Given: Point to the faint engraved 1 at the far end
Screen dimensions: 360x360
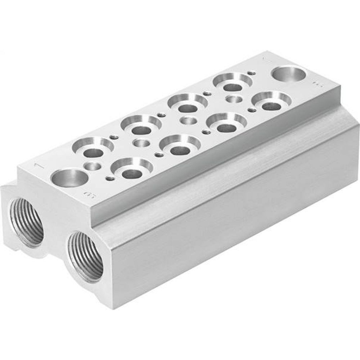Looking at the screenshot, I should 266,58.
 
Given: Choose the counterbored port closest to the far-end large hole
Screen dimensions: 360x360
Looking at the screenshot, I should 271,101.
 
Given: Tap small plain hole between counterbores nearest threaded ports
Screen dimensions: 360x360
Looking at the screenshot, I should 93,166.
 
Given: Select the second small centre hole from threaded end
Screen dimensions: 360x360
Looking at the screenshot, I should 141,143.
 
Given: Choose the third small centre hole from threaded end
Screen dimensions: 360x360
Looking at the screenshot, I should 188,121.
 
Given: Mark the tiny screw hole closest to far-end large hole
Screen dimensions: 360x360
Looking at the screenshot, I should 252,73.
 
